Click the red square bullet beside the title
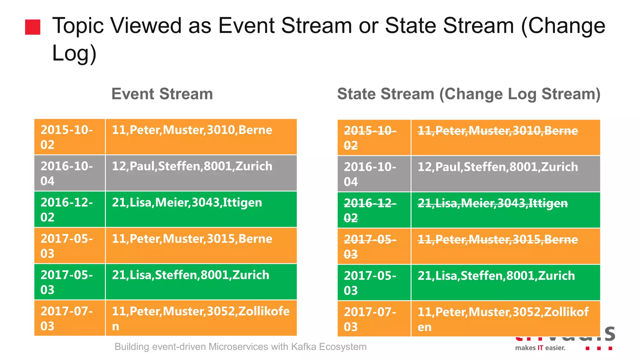pyautogui.click(x=32, y=27)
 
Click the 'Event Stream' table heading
pyautogui.click(x=162, y=94)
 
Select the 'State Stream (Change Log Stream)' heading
pyautogui.click(x=468, y=94)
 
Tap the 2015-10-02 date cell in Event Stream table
pyautogui.click(x=69, y=137)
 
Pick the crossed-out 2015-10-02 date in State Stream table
pyautogui.click(x=374, y=137)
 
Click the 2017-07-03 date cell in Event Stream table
pyautogui.click(x=69, y=318)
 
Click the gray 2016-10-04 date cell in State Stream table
pyautogui.click(x=374, y=174)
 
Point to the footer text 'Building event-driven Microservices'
pyautogui.click(x=240, y=347)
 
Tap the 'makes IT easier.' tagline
pyautogui.click(x=540, y=348)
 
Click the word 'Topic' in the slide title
pyautogui.click(x=78, y=26)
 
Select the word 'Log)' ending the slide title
pyautogui.click(x=74, y=53)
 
